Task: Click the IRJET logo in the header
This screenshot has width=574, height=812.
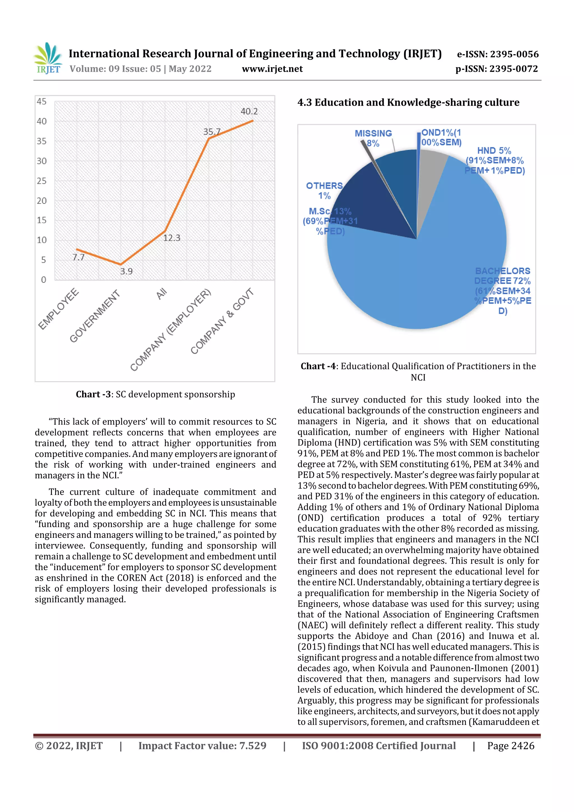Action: pos(48,58)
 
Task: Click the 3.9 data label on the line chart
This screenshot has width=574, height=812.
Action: pos(126,271)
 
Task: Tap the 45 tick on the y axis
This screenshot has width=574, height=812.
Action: pos(41,101)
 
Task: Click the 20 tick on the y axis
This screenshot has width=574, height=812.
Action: pos(41,200)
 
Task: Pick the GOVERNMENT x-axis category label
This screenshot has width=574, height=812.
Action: pos(94,316)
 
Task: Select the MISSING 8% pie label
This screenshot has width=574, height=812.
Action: pos(373,138)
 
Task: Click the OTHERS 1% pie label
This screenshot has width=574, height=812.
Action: pos(324,191)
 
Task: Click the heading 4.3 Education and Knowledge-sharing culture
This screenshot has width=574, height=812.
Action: pos(408,103)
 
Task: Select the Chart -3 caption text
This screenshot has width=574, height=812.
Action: pos(155,394)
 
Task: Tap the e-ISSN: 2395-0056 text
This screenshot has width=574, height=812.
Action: pos(497,54)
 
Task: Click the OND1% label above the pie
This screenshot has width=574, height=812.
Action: pos(441,138)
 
